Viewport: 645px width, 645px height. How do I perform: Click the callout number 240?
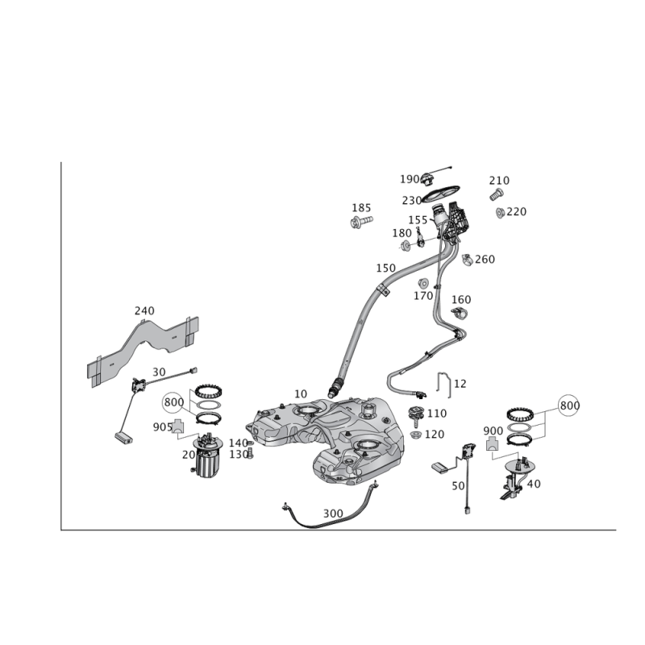click(144, 310)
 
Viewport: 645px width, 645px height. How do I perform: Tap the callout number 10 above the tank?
click(301, 393)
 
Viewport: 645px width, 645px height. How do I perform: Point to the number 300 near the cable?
click(332, 511)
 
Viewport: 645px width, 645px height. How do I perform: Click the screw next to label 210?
click(495, 194)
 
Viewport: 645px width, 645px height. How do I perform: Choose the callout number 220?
click(515, 212)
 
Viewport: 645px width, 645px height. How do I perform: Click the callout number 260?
click(485, 259)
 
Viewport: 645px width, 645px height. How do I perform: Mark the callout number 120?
click(435, 435)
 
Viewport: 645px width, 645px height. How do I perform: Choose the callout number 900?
click(493, 431)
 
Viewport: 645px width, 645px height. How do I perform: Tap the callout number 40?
click(533, 483)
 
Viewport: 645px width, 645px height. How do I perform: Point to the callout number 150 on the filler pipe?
click(385, 267)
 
